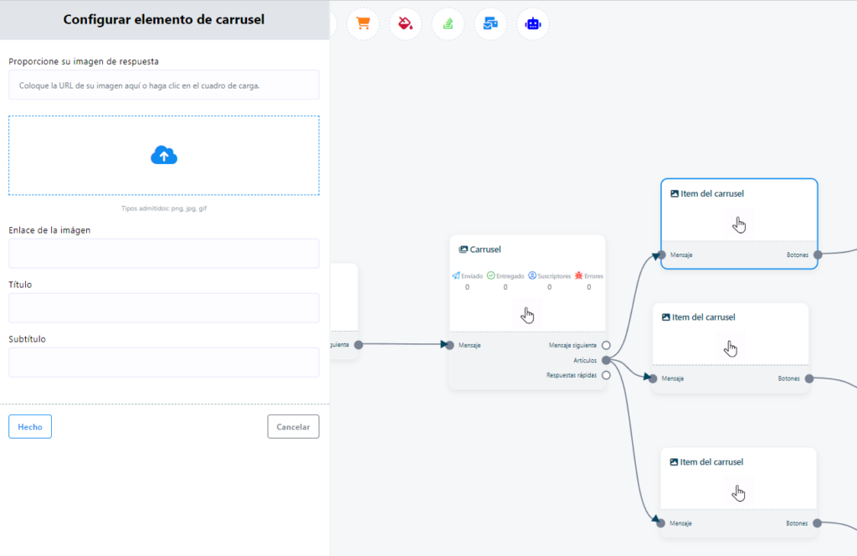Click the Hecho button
click(30, 426)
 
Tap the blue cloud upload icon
click(164, 155)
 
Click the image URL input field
click(164, 85)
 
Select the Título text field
click(164, 308)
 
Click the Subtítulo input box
click(164, 363)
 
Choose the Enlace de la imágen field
click(164, 253)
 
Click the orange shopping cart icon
click(363, 23)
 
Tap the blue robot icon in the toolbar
click(533, 23)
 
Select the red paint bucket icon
click(406, 23)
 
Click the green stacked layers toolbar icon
click(449, 23)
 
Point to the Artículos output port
click(606, 360)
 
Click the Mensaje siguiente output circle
click(606, 346)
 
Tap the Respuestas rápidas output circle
click(606, 376)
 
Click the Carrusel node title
click(485, 250)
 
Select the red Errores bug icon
click(579, 275)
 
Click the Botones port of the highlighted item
click(819, 255)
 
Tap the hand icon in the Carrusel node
click(527, 315)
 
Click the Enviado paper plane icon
click(456, 275)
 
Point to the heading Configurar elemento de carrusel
click(164, 20)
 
